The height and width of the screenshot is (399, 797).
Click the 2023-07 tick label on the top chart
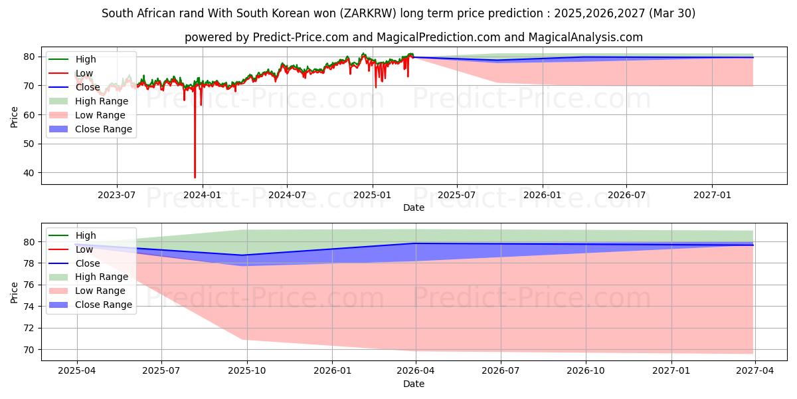click(x=117, y=195)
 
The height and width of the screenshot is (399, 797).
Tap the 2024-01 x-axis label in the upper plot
click(x=202, y=195)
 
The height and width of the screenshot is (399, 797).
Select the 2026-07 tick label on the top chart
click(x=627, y=195)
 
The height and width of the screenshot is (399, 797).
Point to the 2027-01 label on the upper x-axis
click(x=712, y=195)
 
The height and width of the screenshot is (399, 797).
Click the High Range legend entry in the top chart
click(x=100, y=101)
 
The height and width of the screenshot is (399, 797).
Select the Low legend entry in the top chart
click(x=84, y=73)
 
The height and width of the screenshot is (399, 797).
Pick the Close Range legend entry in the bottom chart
click(x=102, y=305)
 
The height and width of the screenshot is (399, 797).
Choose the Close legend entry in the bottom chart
click(x=88, y=263)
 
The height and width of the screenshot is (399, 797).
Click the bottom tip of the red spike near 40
click(x=195, y=178)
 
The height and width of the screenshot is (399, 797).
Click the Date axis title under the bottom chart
click(x=413, y=384)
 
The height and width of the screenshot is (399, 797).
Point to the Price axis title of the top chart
click(x=14, y=118)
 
